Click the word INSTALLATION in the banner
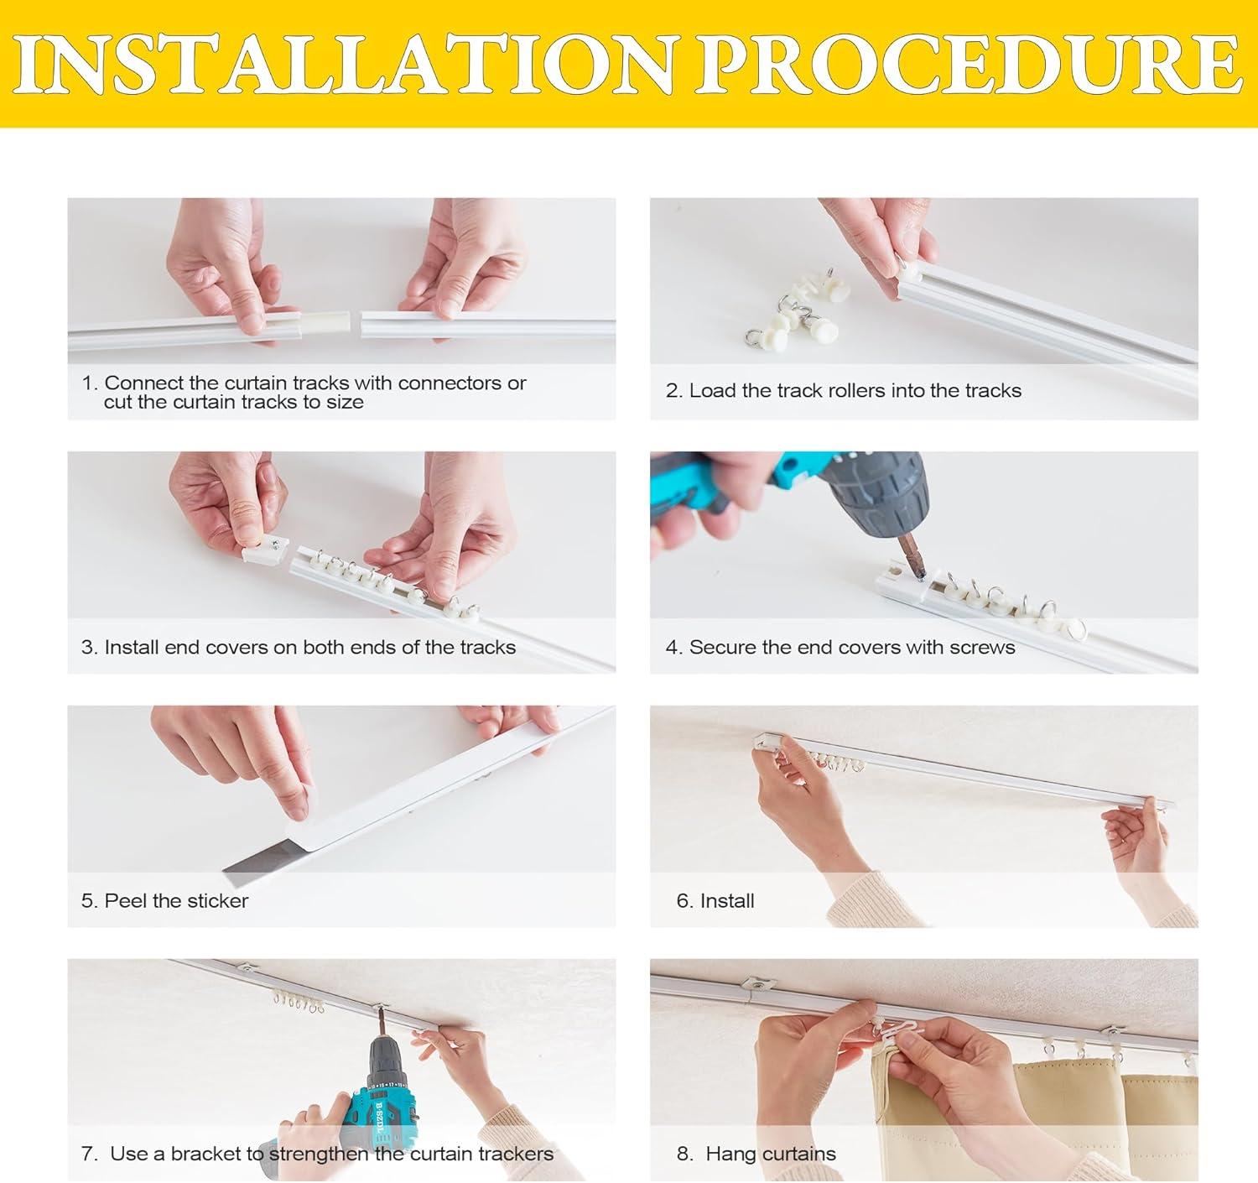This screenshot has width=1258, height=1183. click(346, 64)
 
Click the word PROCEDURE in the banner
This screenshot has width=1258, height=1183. click(969, 64)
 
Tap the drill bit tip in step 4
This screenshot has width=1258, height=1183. click(919, 577)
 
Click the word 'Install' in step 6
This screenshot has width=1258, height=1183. click(727, 901)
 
